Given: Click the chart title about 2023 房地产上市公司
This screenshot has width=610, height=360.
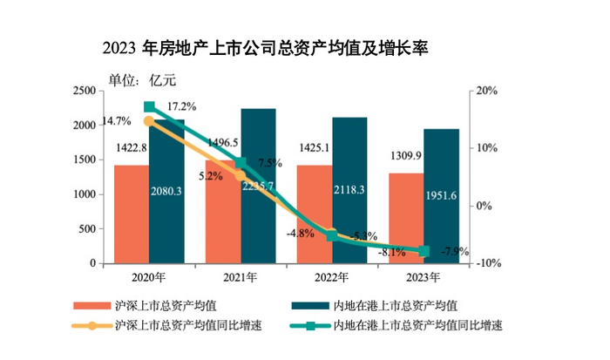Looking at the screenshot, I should tap(265, 46).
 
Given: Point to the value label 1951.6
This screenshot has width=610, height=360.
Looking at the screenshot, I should tap(441, 196).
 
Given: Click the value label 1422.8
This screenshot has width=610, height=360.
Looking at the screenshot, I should tap(132, 149).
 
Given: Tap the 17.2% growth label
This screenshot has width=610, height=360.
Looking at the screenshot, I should tap(178, 106).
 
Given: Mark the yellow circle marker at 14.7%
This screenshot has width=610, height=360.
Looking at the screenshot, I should tap(149, 121).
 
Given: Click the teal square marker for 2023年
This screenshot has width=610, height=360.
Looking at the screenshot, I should tap(424, 251).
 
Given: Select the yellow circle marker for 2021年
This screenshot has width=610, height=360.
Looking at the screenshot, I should tap(241, 175).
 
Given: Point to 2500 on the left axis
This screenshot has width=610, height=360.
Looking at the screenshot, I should tap(84, 91).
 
